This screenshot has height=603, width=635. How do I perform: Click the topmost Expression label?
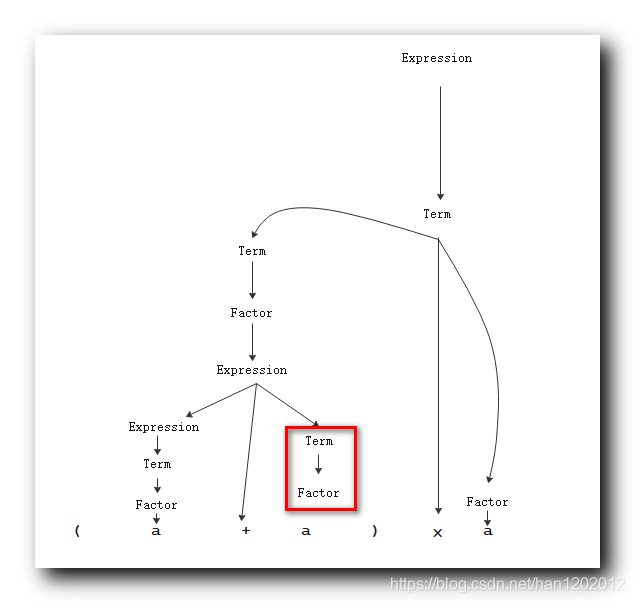pos(436,58)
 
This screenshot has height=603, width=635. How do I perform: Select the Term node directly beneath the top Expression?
pos(437,214)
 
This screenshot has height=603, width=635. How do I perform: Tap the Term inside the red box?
pos(319,441)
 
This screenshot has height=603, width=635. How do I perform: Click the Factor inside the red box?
pos(318,493)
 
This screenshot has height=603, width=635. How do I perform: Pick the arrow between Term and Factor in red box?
pos(318,466)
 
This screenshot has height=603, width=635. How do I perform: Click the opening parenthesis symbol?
pos(77,531)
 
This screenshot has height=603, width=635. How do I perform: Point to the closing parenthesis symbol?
pos(375,531)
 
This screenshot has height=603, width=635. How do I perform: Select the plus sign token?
pos(245,531)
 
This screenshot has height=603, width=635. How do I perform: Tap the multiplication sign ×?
pos(437,533)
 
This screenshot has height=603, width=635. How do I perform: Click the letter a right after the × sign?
pos(488,531)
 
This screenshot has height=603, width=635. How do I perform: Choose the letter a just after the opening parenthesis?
pos(156,531)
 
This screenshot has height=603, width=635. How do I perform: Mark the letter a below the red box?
pos(306,531)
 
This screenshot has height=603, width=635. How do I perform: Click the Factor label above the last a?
pos(487,502)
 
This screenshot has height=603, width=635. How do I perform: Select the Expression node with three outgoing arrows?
pos(252,370)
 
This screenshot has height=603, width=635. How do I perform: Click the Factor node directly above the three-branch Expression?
pos(251,313)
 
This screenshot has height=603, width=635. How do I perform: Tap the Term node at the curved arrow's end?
pos(252,251)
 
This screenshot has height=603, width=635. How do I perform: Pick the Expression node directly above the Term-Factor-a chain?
pos(163,427)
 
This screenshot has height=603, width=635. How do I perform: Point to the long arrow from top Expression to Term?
pos(440,140)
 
